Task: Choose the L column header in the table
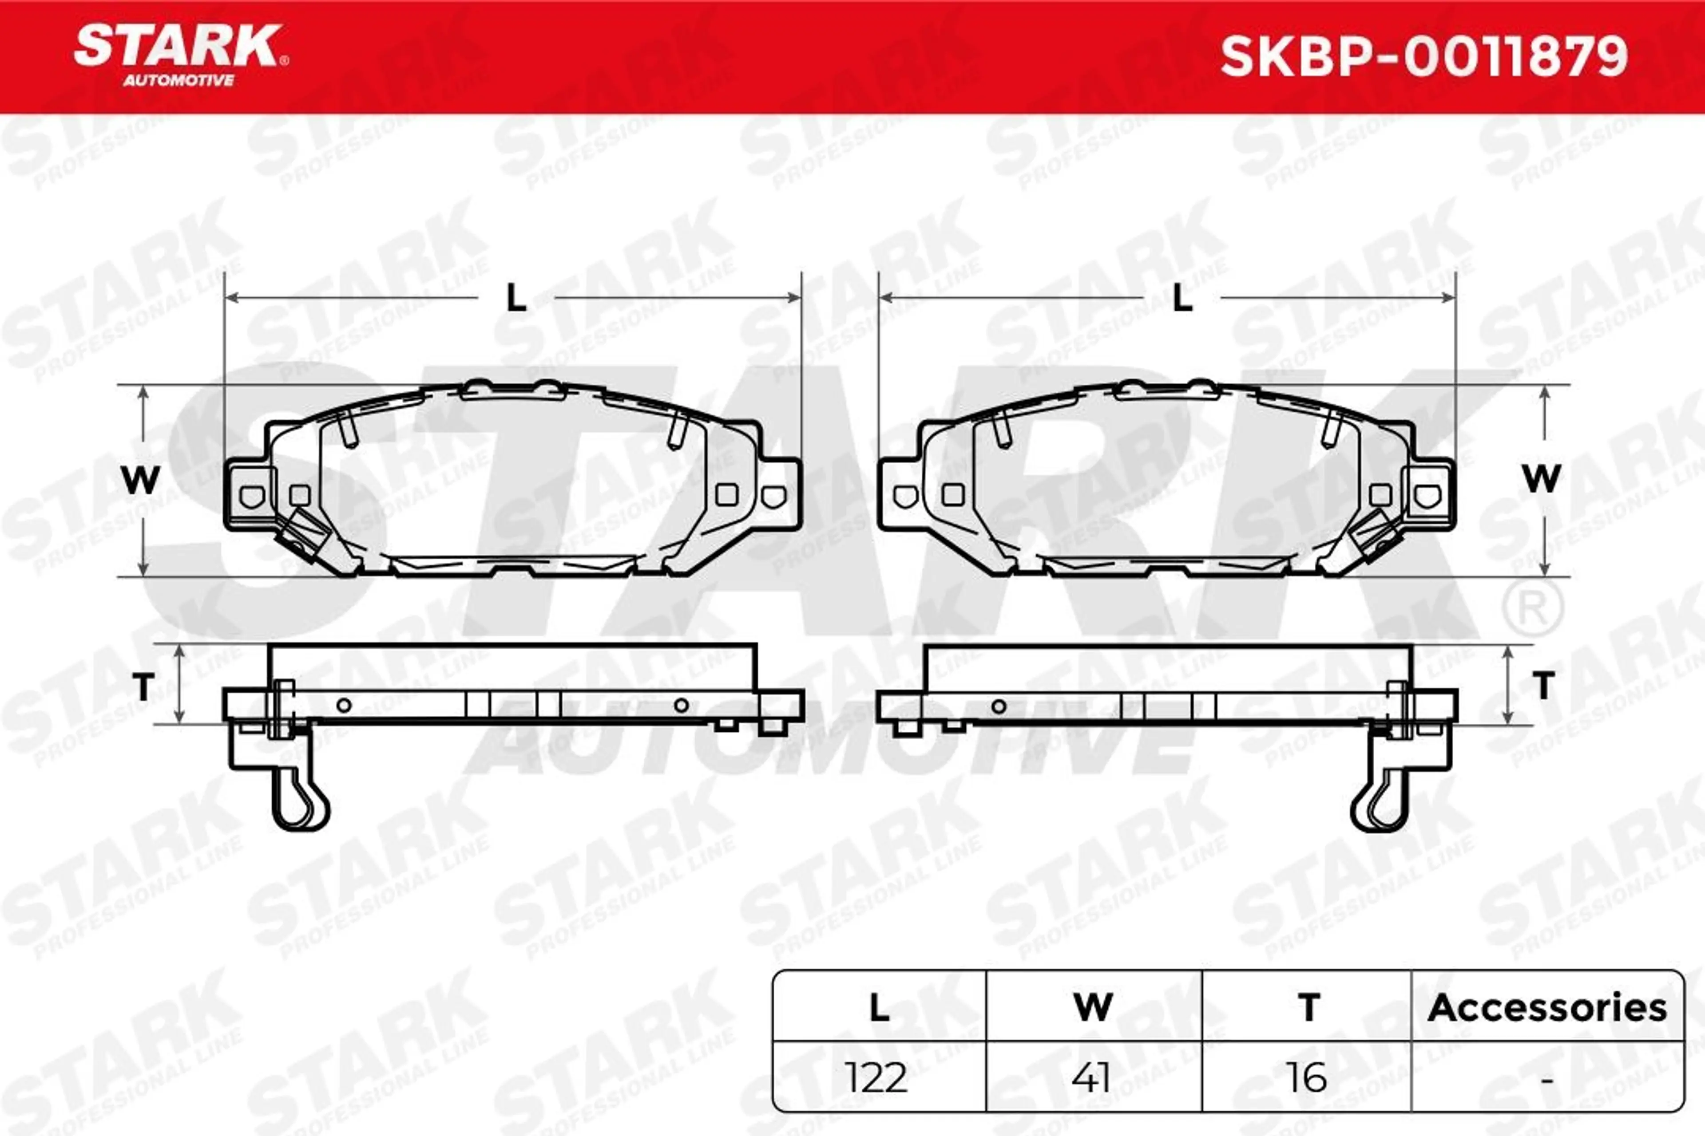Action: point(879,1008)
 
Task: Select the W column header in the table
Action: point(1092,1008)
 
